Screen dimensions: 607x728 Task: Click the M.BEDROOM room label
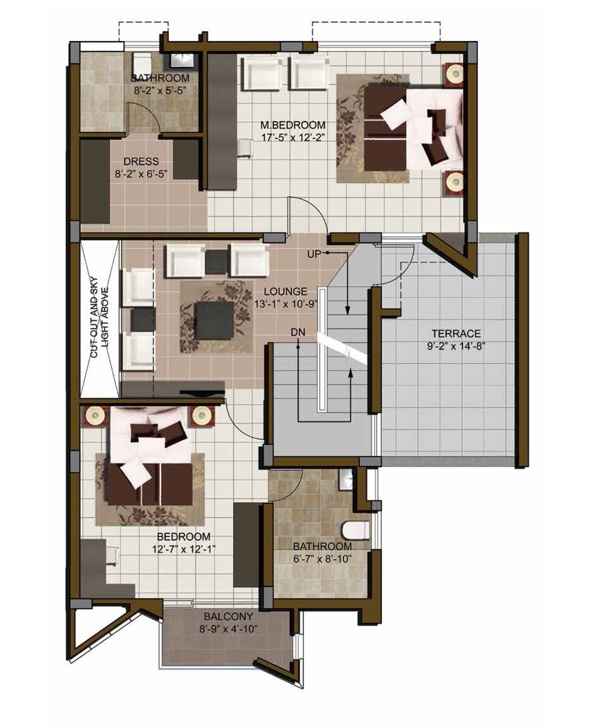(293, 125)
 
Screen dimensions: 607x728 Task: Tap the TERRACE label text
(456, 334)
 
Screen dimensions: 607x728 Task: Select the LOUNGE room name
(286, 291)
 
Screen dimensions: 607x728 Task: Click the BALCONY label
(229, 617)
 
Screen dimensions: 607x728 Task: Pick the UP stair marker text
(314, 254)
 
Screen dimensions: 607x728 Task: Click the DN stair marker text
(298, 332)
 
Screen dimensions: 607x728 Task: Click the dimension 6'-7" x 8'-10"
(322, 559)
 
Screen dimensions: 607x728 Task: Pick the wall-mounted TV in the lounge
(202, 392)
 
